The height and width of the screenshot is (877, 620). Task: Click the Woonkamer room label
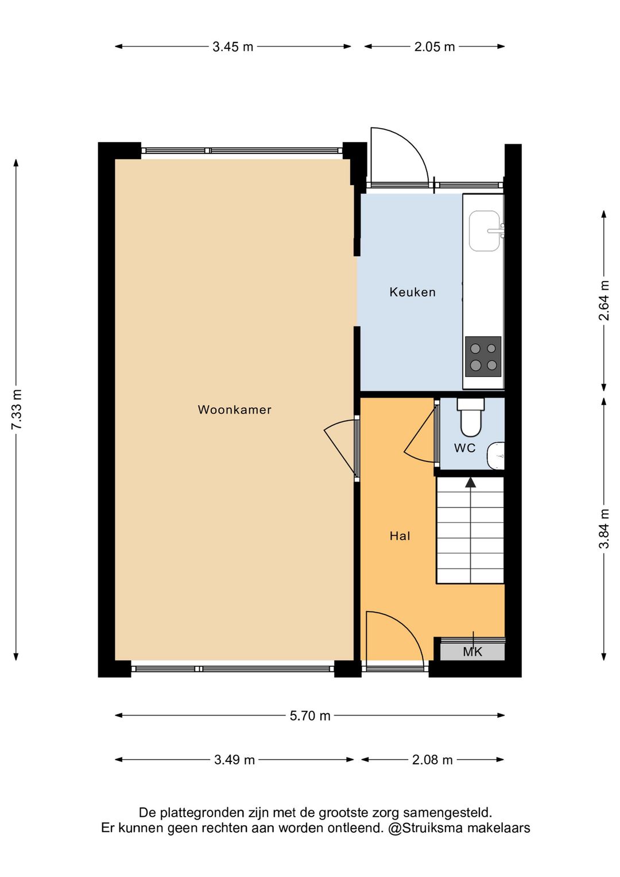coord(234,410)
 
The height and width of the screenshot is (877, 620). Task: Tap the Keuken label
coord(412,292)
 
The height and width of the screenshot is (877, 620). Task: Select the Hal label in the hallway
coord(400,536)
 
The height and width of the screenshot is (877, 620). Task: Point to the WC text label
coord(464,448)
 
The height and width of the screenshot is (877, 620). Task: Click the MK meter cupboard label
coord(472,652)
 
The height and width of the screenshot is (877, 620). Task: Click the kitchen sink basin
coord(485,231)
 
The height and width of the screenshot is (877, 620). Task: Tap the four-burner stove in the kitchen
coord(483,357)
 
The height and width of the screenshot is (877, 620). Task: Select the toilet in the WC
coord(471,417)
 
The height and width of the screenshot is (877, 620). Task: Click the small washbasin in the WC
coord(496,456)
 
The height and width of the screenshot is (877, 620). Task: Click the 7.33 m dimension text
coord(17,409)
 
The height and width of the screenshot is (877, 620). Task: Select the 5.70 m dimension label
coord(310,716)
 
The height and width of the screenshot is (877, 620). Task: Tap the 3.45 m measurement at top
coord(232,47)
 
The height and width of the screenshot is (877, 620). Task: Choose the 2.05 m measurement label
coord(435,47)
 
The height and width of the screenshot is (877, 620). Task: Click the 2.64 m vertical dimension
coord(604,301)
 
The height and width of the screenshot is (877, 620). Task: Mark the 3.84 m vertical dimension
coord(604,529)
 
